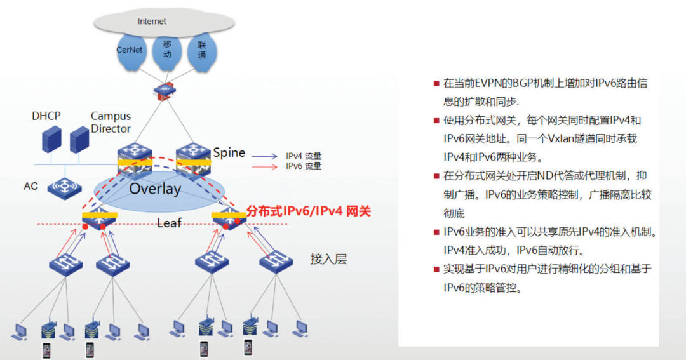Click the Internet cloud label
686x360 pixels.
152,22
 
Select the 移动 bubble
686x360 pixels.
168,49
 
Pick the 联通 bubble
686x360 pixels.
202,50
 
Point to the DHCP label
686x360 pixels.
46,116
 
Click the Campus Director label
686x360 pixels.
111,123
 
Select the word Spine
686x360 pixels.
229,152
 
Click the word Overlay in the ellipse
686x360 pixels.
155,189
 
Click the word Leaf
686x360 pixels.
170,223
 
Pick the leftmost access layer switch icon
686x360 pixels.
65,263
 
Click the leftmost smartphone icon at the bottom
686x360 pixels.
46,350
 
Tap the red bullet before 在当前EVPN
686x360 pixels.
436,84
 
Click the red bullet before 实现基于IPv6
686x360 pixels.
436,269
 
